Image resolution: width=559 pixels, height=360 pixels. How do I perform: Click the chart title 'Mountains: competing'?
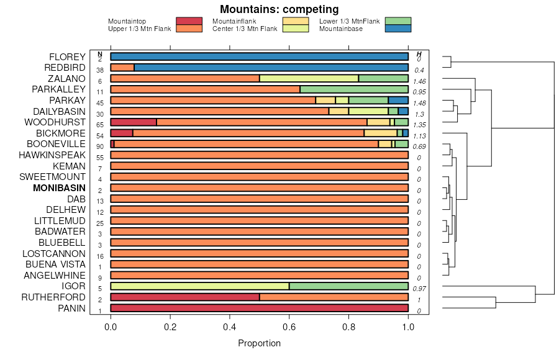point(279,9)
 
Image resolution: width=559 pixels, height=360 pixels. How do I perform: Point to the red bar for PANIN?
point(259,308)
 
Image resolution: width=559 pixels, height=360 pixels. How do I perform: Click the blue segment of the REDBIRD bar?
point(271,68)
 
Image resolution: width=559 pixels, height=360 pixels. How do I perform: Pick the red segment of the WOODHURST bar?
point(134,122)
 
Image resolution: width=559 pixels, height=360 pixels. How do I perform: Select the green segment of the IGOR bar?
point(348,286)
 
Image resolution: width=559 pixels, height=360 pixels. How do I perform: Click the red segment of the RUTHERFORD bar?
point(185,297)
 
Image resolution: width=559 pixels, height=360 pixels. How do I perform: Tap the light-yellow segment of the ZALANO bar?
point(309,79)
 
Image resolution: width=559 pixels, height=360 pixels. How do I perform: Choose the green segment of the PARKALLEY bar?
point(354,89)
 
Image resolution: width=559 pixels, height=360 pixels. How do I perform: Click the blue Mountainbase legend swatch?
point(398,29)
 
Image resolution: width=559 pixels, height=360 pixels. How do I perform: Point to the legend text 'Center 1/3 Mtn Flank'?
point(245,29)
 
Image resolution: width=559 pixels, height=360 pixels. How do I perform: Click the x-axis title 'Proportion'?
point(259,343)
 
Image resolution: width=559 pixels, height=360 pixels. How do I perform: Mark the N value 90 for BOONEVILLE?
point(100,146)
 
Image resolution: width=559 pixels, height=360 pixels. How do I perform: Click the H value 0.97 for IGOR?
point(419,289)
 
